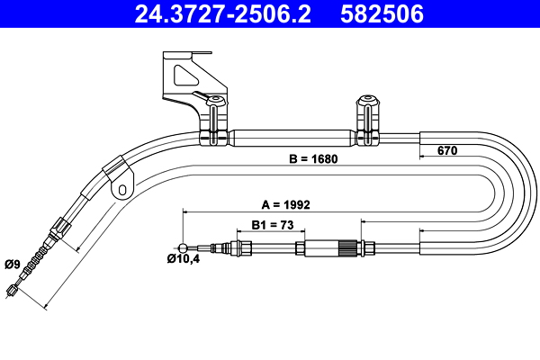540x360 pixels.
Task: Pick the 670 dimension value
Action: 447,150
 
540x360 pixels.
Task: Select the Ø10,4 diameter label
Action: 184,261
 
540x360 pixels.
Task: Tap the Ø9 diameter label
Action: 13,264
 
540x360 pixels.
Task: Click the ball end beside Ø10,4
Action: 184,247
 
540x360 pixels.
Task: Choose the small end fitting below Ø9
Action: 12,290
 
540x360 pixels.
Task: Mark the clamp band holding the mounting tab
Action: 114,168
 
